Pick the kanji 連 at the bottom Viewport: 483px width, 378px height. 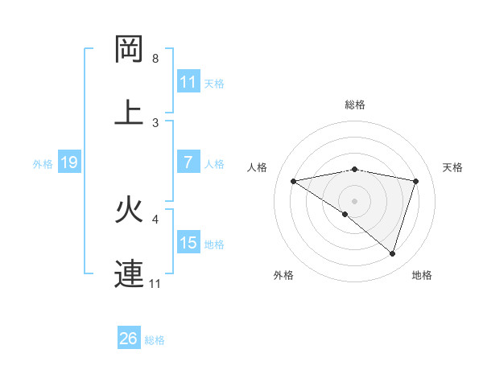(129, 273)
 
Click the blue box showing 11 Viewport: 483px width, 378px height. (188, 81)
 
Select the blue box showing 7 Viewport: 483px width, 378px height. (188, 162)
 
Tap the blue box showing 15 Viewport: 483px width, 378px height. (188, 243)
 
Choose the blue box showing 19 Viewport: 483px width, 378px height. (69, 162)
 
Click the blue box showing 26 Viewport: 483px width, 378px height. (129, 339)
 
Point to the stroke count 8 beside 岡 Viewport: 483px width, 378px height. (155, 59)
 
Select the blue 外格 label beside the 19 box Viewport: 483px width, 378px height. (43, 163)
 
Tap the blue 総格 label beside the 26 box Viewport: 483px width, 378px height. (155, 339)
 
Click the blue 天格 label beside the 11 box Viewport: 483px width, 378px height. (214, 82)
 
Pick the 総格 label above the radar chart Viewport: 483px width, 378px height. (355, 105)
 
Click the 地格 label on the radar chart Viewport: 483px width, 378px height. (422, 275)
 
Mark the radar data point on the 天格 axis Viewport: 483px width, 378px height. (416, 181)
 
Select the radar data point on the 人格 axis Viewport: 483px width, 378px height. (293, 181)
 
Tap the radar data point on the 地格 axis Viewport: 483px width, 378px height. (392, 253)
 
